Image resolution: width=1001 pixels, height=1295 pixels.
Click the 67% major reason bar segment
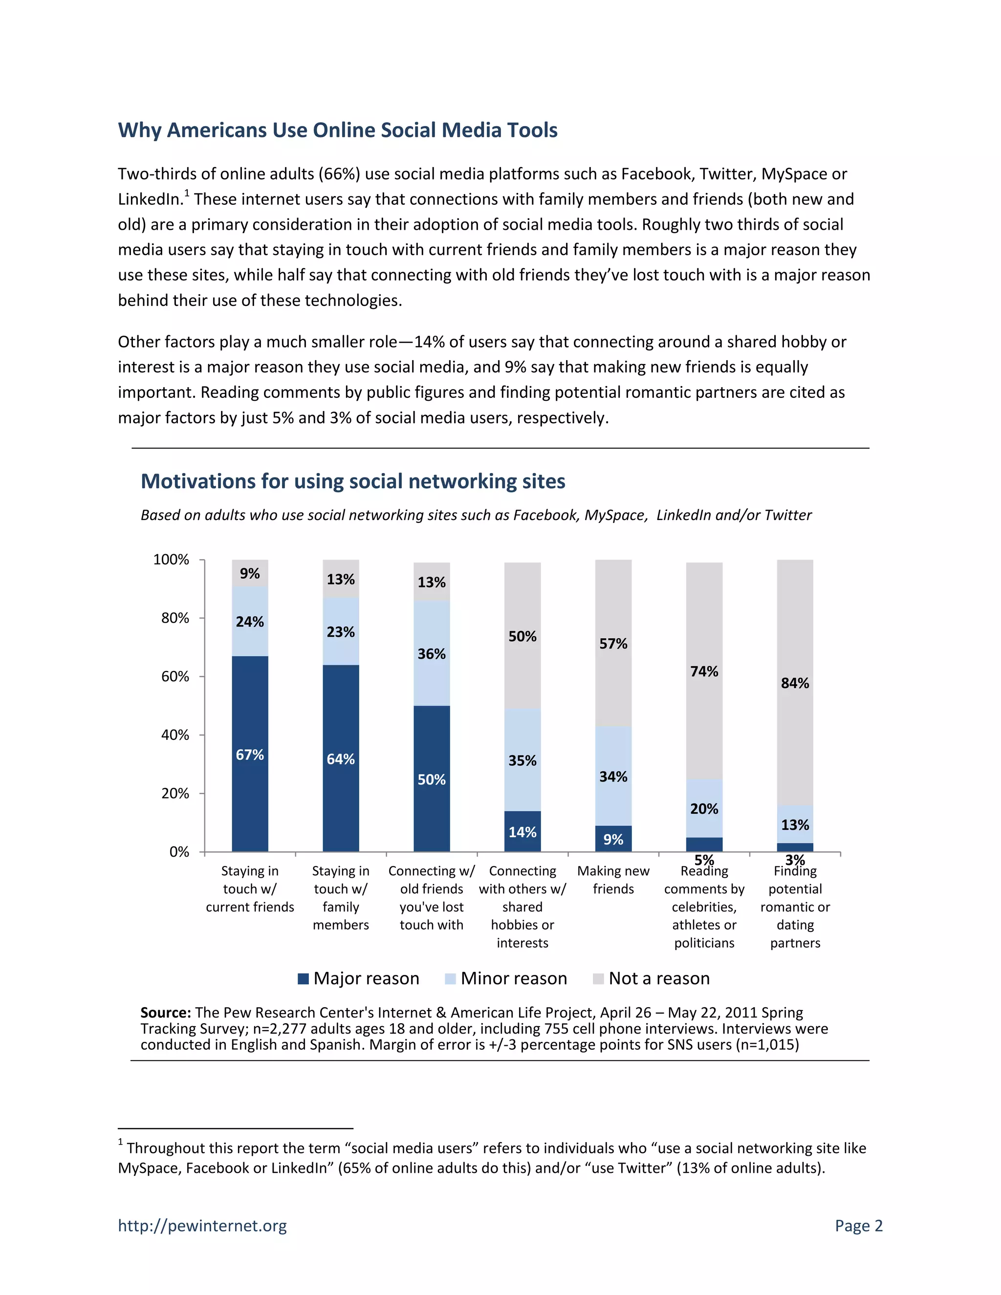(250, 754)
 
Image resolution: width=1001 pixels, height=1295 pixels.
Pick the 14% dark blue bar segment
(522, 831)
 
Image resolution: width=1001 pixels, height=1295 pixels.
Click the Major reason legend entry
(358, 978)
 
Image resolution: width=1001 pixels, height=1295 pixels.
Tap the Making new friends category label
(613, 880)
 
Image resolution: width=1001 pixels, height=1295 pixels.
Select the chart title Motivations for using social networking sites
(353, 481)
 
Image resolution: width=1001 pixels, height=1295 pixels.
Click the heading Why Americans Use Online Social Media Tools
(337, 130)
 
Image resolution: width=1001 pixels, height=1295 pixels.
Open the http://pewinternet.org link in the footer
(202, 1225)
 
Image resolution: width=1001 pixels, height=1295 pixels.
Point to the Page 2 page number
(858, 1225)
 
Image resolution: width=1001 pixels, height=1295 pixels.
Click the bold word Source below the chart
(165, 1012)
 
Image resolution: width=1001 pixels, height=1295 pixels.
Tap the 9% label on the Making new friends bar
(613, 840)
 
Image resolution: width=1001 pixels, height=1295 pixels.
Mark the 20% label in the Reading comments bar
(704, 809)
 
